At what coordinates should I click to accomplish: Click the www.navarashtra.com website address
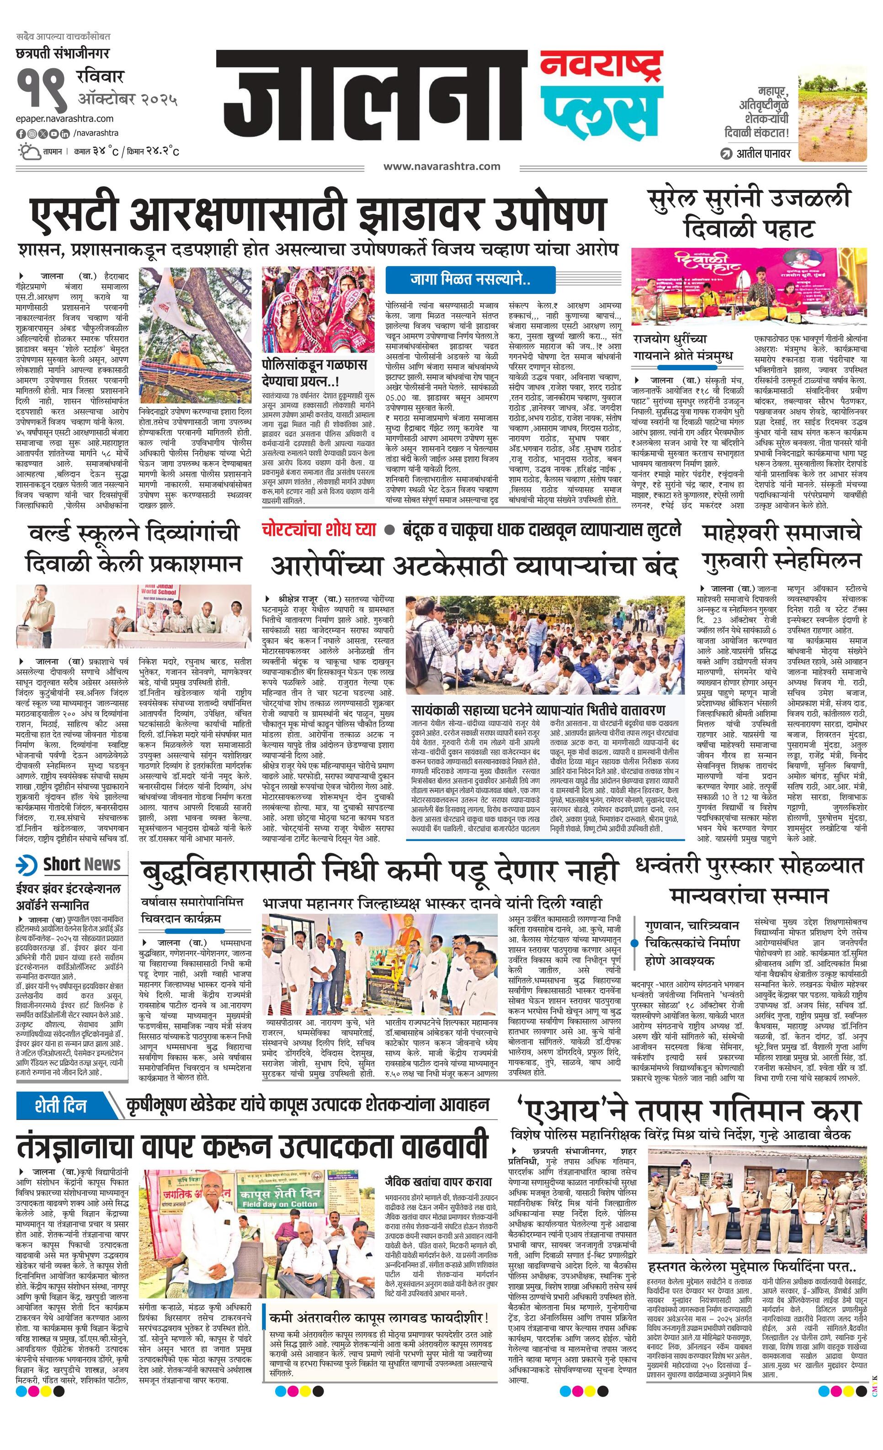pos(442,166)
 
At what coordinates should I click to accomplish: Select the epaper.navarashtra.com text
pos(65,119)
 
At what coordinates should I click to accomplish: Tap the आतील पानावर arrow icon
pos(726,154)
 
